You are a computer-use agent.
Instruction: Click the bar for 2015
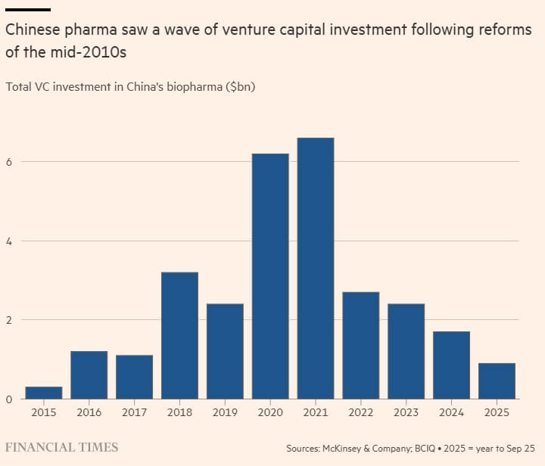pos(44,393)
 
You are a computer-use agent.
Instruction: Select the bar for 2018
pos(179,335)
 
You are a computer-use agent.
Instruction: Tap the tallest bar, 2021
pos(316,268)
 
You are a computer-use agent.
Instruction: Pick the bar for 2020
pos(270,276)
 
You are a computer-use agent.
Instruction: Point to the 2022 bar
pos(361,345)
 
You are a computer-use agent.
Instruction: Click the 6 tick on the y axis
pos(8,162)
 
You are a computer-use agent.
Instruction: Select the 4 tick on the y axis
pos(8,241)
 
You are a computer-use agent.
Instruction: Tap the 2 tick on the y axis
pos(8,320)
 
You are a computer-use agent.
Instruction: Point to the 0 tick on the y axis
pos(8,399)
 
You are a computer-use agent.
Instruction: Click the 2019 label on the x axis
pos(225,412)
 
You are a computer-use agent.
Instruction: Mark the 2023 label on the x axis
pos(406,412)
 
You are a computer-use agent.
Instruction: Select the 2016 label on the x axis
pos(89,412)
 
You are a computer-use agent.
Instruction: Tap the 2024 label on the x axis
pos(452,412)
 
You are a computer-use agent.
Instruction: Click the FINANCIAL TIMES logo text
pos(62,447)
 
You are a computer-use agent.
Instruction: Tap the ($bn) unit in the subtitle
pos(241,87)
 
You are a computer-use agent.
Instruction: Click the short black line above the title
pos(28,9)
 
